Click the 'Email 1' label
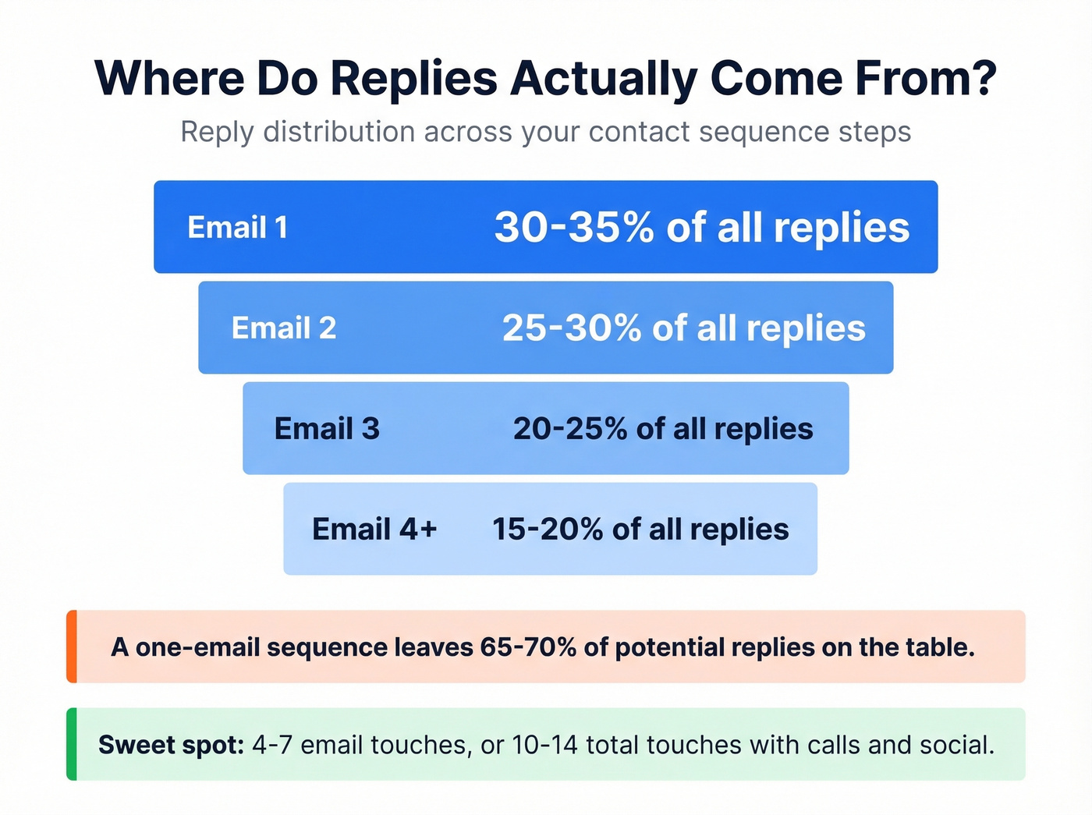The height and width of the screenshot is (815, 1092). pos(238,228)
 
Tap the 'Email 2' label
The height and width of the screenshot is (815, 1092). pos(284,328)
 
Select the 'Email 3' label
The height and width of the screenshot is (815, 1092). pos(327,429)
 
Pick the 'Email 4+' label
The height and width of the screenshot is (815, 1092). pos(374,530)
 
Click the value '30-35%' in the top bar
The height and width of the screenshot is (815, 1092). pos(574,228)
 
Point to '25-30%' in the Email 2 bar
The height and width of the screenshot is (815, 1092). pos(571,328)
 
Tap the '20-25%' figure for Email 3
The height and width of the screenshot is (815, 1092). pos(570,429)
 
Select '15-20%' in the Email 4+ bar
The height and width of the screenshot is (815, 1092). pos(548,530)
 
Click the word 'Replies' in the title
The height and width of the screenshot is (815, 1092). pos(413,79)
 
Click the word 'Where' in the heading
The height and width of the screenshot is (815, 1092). pos(168,79)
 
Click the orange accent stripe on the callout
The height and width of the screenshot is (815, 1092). pos(72,647)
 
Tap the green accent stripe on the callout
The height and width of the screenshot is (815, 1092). pos(72,744)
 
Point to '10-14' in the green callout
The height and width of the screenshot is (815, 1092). pos(544,745)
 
